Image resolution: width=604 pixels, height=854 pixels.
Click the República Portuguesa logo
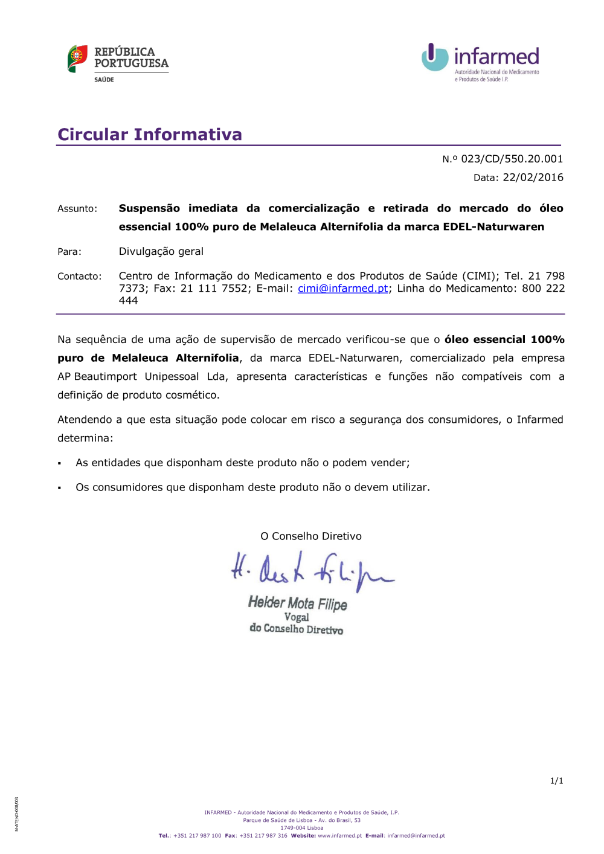118,62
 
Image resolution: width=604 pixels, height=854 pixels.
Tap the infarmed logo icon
434,57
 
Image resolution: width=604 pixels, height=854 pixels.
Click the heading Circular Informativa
150,134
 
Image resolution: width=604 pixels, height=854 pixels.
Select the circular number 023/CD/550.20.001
512,159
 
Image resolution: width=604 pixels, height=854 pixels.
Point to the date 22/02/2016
533,178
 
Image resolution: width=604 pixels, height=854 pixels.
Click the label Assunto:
77,209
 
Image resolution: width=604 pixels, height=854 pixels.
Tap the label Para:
69,252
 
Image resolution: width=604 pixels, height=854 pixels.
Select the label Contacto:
80,277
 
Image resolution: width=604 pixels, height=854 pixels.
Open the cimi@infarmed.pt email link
342,289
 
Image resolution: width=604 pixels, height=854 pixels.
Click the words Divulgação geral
161,251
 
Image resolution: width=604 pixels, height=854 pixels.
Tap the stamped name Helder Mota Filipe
298,603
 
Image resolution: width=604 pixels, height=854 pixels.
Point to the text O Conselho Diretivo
311,536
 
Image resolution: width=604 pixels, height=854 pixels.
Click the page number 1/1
556,781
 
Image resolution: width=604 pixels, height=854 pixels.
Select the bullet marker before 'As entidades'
60,464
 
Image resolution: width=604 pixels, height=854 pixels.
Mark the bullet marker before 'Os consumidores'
60,488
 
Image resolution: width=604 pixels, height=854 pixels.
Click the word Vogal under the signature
297,617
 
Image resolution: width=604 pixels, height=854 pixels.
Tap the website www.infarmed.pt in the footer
339,836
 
